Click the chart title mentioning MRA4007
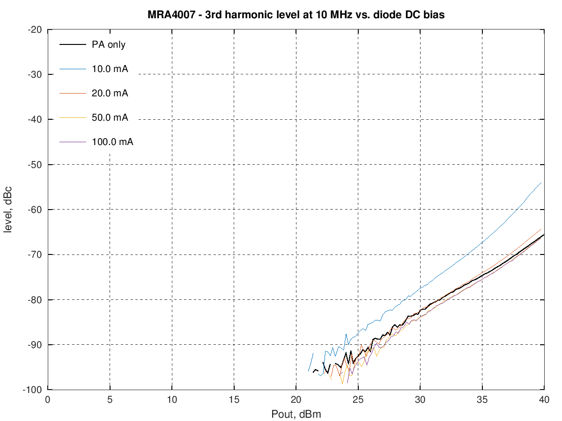[x=296, y=15]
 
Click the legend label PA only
[x=109, y=45]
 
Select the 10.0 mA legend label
[x=110, y=69]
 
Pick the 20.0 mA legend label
[x=110, y=93]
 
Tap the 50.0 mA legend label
[x=110, y=117]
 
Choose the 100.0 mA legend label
[x=112, y=142]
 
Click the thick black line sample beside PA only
[x=73, y=45]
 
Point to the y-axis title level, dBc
[x=8, y=210]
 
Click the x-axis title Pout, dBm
[x=296, y=414]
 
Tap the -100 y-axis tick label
[x=34, y=390]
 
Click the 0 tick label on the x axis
[x=47, y=400]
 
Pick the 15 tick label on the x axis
[x=234, y=400]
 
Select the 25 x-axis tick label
[x=358, y=400]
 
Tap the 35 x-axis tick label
[x=482, y=400]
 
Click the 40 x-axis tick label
[x=544, y=400]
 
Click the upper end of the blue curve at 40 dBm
[x=541, y=182]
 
